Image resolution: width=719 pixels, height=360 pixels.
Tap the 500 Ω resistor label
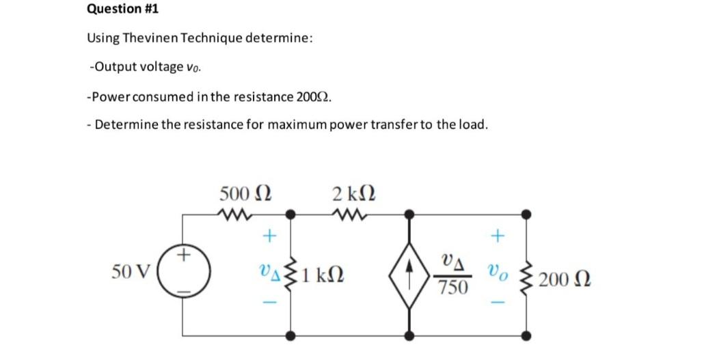(245, 194)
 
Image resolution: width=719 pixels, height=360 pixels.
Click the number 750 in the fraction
(453, 288)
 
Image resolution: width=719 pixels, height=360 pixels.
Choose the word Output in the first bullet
(112, 67)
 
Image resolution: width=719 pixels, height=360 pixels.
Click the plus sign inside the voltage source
(183, 257)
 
